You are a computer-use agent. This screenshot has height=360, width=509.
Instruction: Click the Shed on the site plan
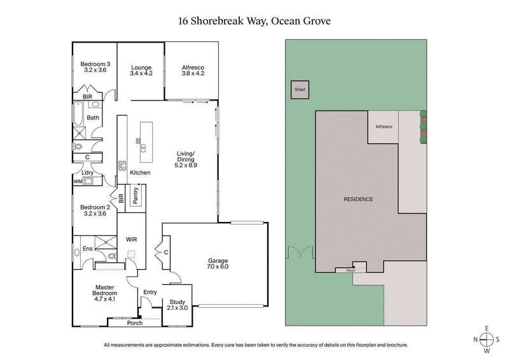[x=300, y=90]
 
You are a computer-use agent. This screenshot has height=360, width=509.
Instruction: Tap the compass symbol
[x=487, y=339]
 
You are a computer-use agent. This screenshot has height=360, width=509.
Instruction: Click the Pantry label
[x=136, y=195]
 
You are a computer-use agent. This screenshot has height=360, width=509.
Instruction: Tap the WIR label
[x=132, y=240]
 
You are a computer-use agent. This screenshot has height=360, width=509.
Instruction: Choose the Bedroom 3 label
[x=95, y=64]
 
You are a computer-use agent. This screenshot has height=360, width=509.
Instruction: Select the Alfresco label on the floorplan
[x=192, y=67]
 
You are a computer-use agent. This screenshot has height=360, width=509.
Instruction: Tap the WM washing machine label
[x=78, y=182]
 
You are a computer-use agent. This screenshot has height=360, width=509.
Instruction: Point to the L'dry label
[x=87, y=172]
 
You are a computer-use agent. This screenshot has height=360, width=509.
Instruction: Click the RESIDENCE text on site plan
[x=358, y=199]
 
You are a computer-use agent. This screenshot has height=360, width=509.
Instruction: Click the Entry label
[x=150, y=292]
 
